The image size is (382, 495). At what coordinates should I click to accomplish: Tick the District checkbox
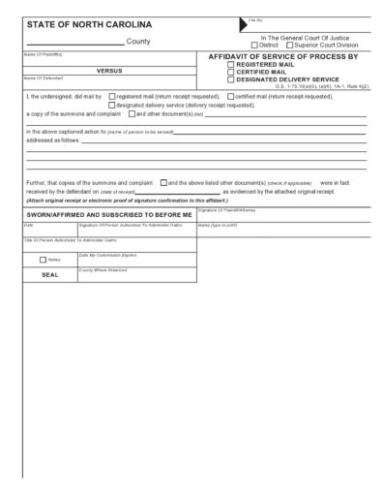[254, 45]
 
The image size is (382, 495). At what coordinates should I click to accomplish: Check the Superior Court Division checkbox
[289, 45]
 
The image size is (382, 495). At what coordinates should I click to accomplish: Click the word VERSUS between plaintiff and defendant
[108, 70]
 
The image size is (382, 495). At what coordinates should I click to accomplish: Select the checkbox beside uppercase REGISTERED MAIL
[230, 65]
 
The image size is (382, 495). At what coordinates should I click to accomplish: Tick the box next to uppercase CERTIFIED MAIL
[230, 72]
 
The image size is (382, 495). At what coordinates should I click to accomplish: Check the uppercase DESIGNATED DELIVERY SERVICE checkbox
[230, 79]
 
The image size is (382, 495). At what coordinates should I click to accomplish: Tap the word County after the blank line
[138, 42]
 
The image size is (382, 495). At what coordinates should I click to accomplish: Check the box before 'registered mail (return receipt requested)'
[113, 97]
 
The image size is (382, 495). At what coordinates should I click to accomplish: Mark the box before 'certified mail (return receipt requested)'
[227, 97]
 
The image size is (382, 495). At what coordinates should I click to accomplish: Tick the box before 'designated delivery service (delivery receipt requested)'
[113, 105]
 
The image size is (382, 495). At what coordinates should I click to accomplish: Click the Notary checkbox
[43, 260]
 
